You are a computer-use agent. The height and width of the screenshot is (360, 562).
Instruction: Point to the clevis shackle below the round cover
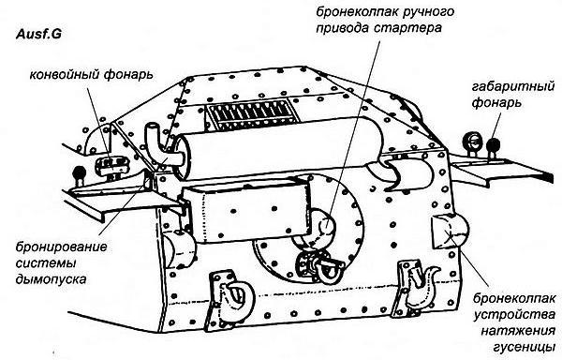pos(314,268)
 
